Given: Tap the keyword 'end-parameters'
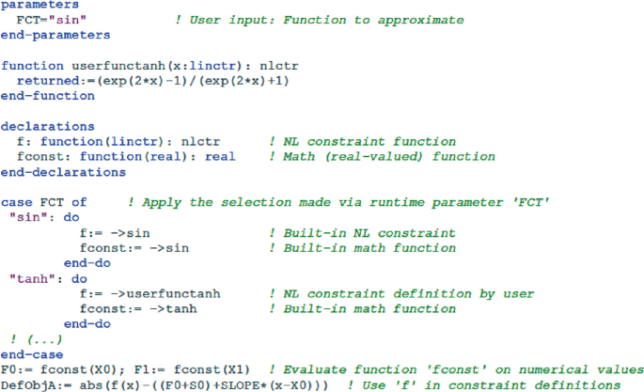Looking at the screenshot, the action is (x=55, y=35).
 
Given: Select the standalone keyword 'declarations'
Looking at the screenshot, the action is (x=45, y=126).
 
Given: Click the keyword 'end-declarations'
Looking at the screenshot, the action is (x=63, y=171).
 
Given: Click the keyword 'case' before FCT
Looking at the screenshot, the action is (x=16, y=202).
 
